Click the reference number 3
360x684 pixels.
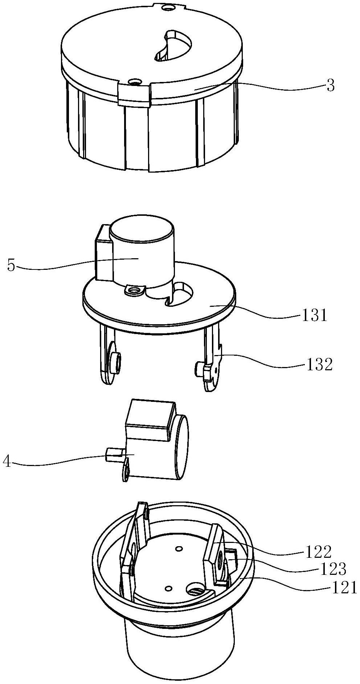tap(330, 87)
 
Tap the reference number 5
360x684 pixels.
tap(11, 265)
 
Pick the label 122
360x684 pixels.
tap(318, 552)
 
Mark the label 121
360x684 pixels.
tap(343, 587)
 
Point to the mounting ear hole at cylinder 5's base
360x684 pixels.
tap(135, 291)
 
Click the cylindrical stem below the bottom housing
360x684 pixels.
tap(178, 649)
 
